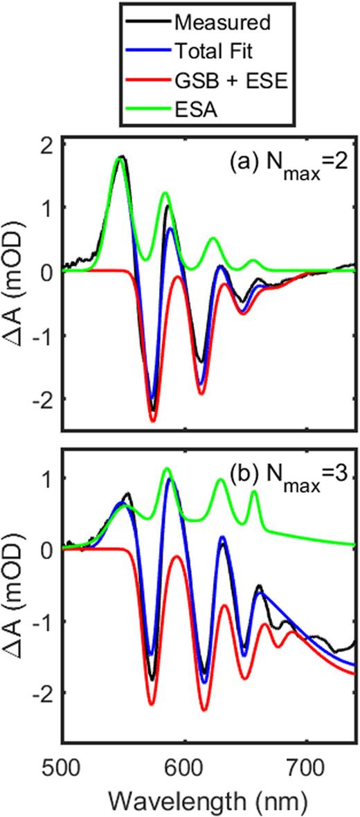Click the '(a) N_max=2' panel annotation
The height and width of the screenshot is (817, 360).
coord(289,169)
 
